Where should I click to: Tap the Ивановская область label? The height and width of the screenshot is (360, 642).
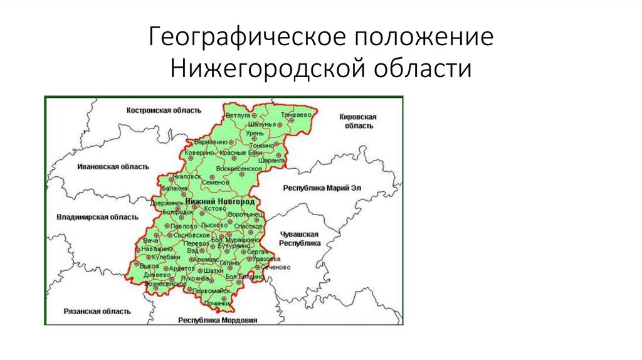click(113, 167)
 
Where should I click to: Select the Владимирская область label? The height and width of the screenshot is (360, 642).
click(97, 217)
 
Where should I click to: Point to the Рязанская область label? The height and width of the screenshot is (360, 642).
click(97, 311)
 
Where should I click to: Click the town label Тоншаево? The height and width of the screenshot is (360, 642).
click(295, 116)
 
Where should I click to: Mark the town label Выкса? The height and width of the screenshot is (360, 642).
click(150, 266)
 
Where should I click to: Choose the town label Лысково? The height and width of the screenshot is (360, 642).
click(214, 225)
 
